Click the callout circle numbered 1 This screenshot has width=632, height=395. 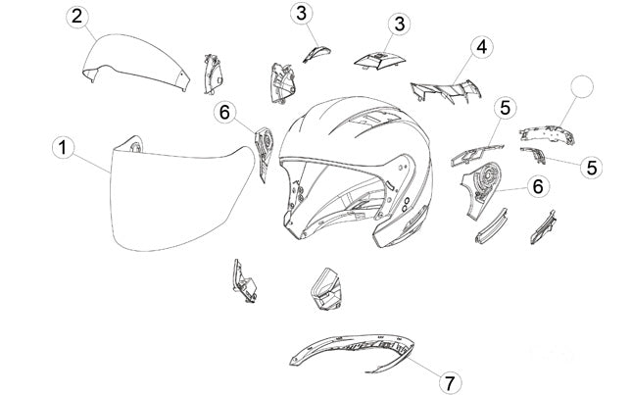[64, 148]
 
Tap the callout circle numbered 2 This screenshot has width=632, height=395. [77, 17]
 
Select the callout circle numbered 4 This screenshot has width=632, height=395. [481, 47]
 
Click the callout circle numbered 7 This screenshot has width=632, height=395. [450, 382]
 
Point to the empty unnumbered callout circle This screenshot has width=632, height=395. [582, 86]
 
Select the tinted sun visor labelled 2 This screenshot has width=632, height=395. [137, 61]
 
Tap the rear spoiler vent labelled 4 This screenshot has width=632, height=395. [447, 91]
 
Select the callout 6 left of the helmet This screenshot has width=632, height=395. [224, 112]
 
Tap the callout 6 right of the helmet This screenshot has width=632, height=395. [538, 186]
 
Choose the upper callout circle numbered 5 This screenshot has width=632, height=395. [505, 108]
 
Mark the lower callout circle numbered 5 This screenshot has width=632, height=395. [591, 167]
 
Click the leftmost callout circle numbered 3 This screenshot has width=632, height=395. [302, 14]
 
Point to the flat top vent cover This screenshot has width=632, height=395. [379, 61]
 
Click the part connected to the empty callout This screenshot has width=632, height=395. [547, 133]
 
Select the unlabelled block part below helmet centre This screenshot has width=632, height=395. [326, 289]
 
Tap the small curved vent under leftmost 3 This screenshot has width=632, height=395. [316, 54]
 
